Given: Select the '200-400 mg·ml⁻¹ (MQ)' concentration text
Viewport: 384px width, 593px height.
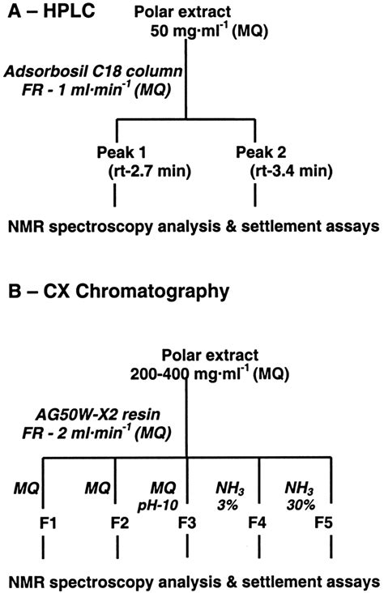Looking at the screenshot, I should [232, 376].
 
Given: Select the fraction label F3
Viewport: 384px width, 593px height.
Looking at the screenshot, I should [189, 523].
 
